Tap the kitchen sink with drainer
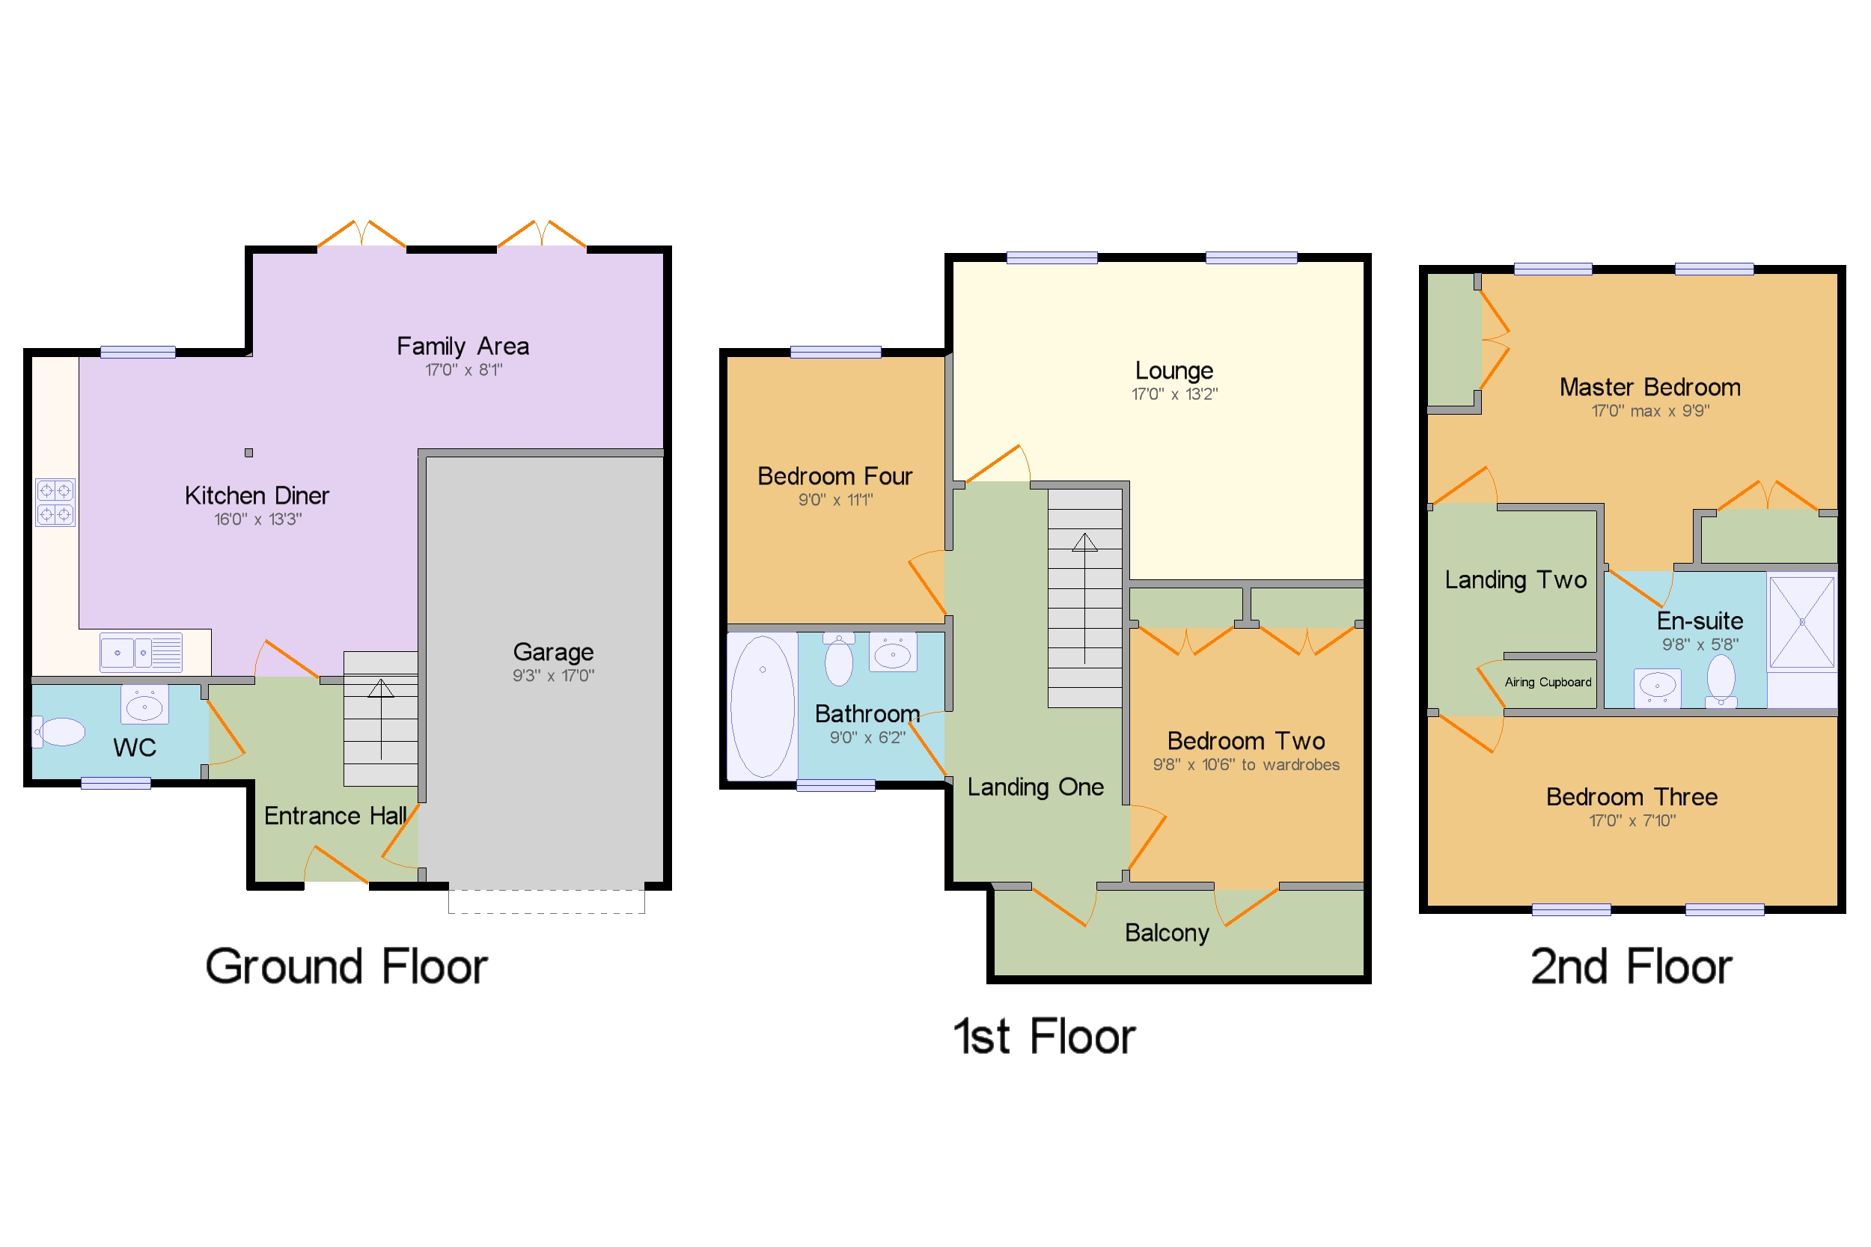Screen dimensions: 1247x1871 pyautogui.click(x=141, y=652)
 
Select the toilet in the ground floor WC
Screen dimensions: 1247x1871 pyautogui.click(x=60, y=732)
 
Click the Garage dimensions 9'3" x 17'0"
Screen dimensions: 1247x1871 pyautogui.click(x=552, y=675)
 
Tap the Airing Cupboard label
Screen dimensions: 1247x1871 pyautogui.click(x=1547, y=683)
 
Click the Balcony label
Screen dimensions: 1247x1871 pyautogui.click(x=1166, y=932)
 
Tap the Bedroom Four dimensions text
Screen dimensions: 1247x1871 pyautogui.click(x=835, y=499)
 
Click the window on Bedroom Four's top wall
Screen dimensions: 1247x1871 pyautogui.click(x=835, y=352)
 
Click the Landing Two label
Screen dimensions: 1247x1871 pyautogui.click(x=1515, y=580)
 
